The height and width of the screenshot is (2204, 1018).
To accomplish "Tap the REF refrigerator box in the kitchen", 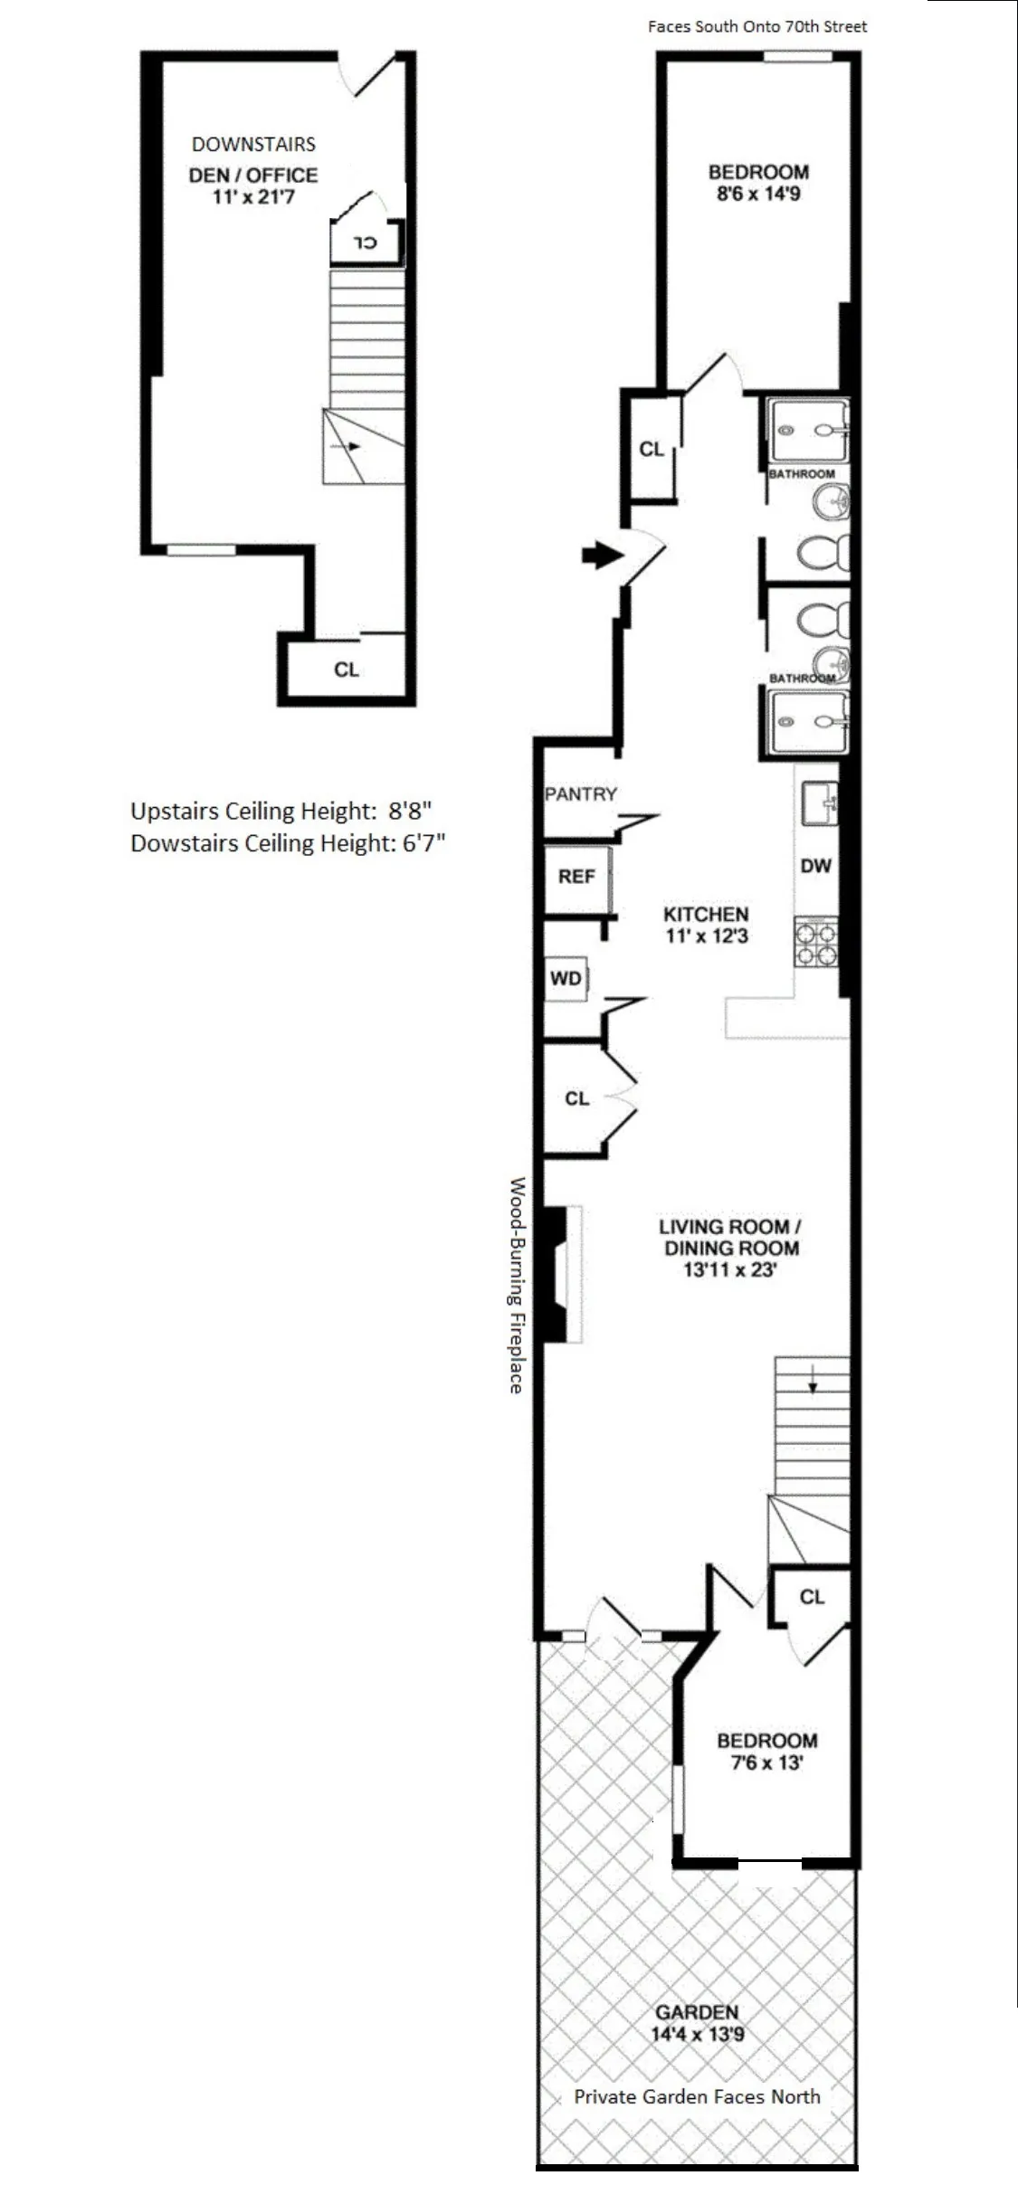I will (x=576, y=876).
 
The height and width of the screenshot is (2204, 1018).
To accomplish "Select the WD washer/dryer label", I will (x=566, y=978).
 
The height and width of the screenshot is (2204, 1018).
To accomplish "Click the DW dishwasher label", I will (x=815, y=866).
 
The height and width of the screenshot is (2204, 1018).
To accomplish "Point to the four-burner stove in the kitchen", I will (x=816, y=943).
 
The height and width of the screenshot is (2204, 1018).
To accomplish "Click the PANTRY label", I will (x=580, y=793).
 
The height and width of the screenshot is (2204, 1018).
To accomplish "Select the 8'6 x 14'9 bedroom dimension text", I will (x=758, y=194).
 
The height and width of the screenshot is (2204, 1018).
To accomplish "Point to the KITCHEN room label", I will (x=706, y=914).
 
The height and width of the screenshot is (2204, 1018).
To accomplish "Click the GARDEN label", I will (x=697, y=2012).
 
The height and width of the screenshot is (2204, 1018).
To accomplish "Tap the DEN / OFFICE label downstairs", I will (x=253, y=175).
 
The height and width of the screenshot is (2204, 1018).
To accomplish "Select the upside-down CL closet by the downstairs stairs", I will (x=365, y=242).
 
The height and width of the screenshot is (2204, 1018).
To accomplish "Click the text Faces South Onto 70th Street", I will (x=756, y=26).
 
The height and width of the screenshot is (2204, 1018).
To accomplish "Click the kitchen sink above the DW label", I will (x=820, y=803).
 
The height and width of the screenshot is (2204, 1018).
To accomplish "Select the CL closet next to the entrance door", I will (x=652, y=449).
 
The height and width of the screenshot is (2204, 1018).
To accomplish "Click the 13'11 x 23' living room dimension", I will (x=729, y=1269).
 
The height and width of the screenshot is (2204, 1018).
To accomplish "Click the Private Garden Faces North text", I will (x=697, y=2096).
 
